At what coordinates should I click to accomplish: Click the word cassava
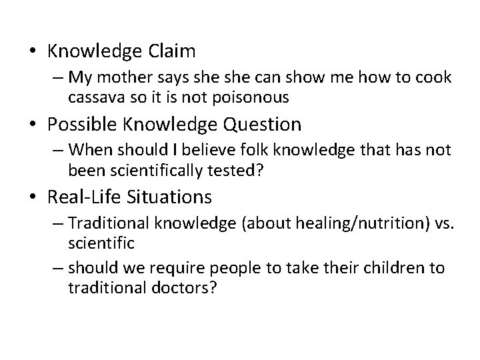93,97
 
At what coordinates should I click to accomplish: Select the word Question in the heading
265,124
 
